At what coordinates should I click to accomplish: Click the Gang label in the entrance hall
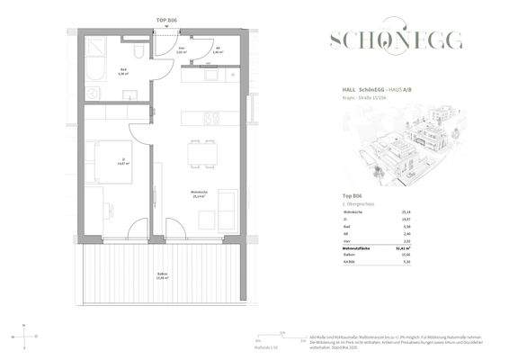tap(182, 50)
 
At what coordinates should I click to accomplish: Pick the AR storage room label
tap(217, 50)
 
